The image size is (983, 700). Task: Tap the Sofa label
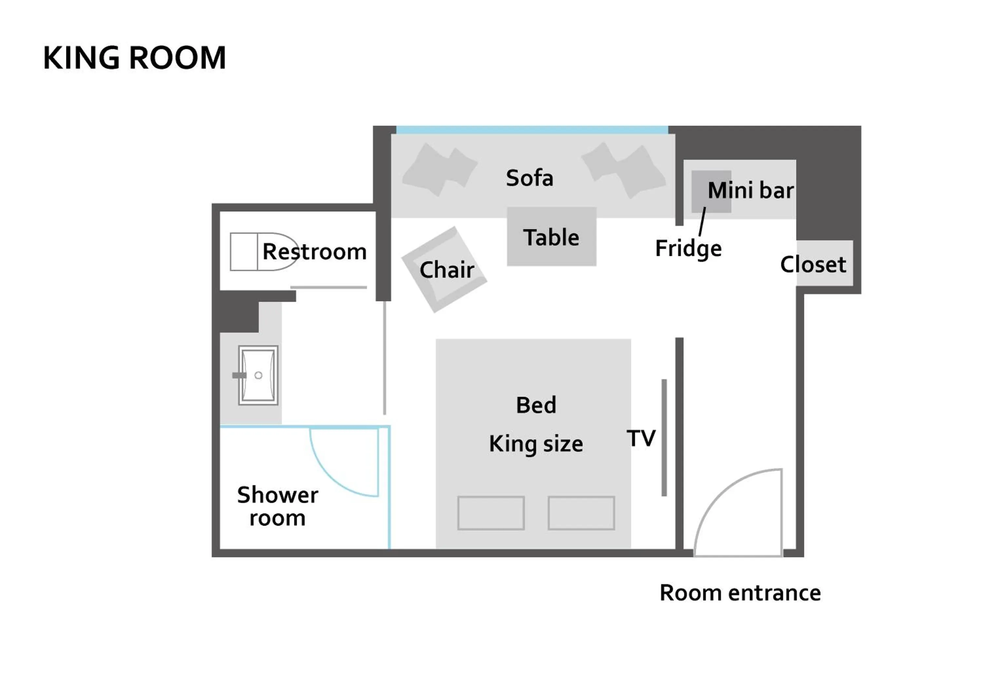coord(529,178)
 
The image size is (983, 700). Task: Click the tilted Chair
coord(444,270)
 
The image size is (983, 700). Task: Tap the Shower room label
coord(277,506)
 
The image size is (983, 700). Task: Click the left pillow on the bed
coord(491,513)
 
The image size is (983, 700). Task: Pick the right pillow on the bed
coord(581,513)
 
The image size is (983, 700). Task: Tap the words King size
coord(536,444)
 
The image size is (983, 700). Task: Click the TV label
coord(641,439)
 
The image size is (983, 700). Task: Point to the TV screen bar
coord(664,437)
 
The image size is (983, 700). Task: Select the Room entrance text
coord(740,593)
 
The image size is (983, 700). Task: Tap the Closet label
coord(813,264)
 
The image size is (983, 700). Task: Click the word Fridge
coord(688,249)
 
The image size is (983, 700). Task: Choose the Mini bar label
coord(750,190)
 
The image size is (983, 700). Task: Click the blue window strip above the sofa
coord(532,130)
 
